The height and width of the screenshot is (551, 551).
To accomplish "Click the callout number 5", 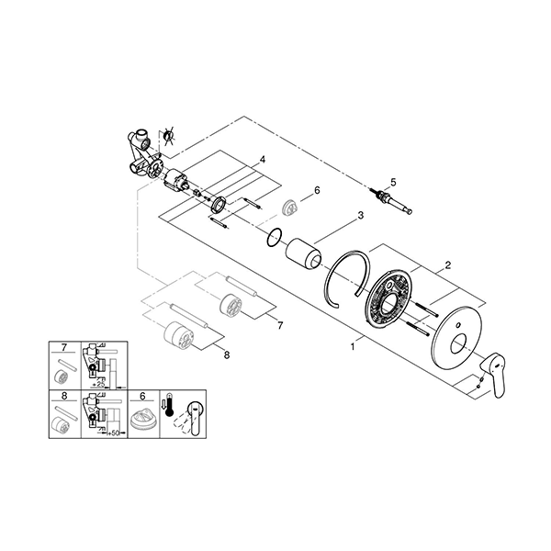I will (x=392, y=182).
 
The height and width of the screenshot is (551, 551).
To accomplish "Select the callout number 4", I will (x=262, y=159).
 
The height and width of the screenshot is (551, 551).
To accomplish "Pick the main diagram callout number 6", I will (x=316, y=190).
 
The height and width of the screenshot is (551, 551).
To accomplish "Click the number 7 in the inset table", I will (x=62, y=349).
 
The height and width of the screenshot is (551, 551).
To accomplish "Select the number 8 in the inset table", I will (x=62, y=397).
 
